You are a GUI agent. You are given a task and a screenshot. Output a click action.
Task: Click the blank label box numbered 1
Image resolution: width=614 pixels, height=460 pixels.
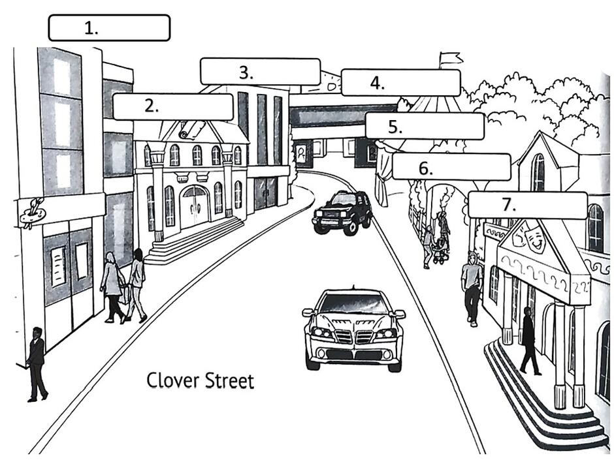109,28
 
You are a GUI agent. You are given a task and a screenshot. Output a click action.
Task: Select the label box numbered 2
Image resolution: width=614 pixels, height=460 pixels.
173,106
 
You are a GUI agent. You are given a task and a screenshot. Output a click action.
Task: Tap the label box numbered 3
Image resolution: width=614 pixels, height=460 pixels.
261,72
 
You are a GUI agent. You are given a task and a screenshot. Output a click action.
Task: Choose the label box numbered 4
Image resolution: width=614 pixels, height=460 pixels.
401,82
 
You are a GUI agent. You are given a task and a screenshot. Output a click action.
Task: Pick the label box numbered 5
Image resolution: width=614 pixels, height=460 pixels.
425,126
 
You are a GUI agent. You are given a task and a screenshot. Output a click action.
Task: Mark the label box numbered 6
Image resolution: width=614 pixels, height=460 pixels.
451,166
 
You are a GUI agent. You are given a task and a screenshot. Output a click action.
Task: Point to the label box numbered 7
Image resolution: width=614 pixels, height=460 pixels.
528,205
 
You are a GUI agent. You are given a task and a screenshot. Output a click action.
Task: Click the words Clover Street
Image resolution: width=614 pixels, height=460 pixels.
200,380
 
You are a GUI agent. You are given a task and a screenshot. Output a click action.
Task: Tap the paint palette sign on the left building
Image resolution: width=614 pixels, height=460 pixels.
33,212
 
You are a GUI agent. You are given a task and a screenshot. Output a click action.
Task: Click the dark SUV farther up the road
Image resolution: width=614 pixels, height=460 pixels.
342,213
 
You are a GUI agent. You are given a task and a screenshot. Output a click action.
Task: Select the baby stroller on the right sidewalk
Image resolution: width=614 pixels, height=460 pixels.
442,250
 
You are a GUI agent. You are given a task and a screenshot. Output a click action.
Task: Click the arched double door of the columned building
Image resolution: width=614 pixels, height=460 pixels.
195,207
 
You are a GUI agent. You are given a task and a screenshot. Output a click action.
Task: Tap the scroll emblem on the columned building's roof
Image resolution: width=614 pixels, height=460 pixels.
192,130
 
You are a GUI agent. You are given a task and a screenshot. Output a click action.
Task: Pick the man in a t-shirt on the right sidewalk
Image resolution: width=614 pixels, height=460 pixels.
472,288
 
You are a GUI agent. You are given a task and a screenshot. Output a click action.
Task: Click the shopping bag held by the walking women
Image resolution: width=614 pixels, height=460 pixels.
125,294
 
